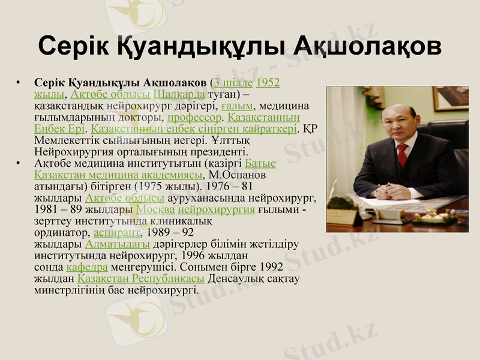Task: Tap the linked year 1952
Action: pyautogui.click(x=268, y=83)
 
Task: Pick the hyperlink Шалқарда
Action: pyautogui.click(x=179, y=94)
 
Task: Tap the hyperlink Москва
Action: pyautogui.click(x=155, y=209)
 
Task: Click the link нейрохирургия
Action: pyautogui.click(x=216, y=209)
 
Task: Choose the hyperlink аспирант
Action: pyautogui.click(x=117, y=232)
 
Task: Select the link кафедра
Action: pyautogui.click(x=87, y=266)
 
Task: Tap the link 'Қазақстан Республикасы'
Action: pyautogui.click(x=141, y=278)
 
